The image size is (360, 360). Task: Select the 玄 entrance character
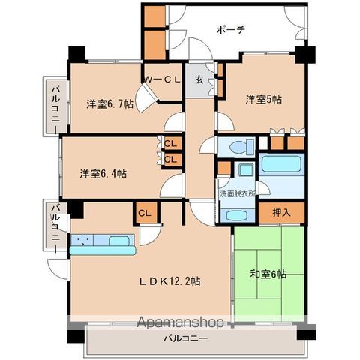point(199,79)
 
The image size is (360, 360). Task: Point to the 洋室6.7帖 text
point(109,104)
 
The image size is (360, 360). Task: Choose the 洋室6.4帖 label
point(103,174)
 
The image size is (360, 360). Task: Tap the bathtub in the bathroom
point(283,164)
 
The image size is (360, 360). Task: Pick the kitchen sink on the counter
point(120,241)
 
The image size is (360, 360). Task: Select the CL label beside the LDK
point(142,213)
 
